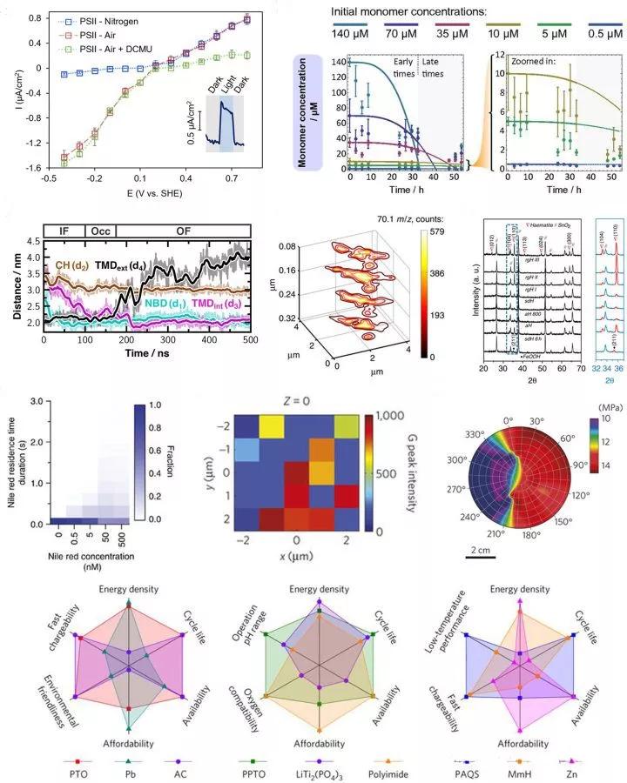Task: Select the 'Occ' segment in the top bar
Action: click(98, 231)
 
